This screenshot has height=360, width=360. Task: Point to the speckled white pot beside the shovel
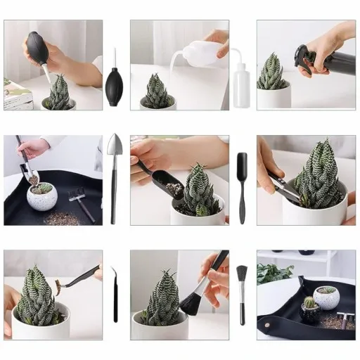[42, 198]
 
